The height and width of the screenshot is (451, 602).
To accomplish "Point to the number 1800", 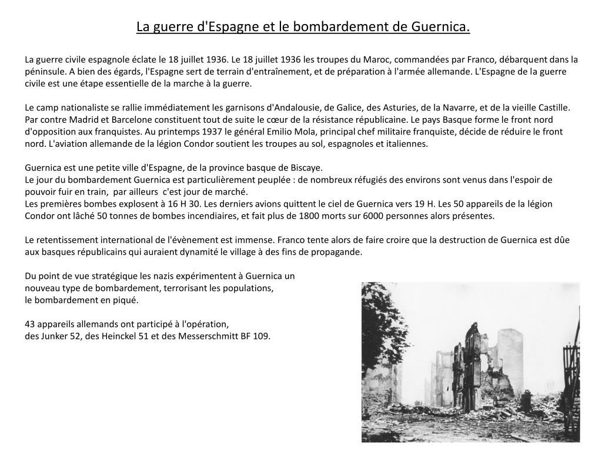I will pyautogui.click(x=310, y=216).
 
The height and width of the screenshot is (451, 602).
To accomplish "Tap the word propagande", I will pyautogui.click(x=337, y=252).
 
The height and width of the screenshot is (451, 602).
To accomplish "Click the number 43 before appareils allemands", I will pyautogui.click(x=30, y=324).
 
